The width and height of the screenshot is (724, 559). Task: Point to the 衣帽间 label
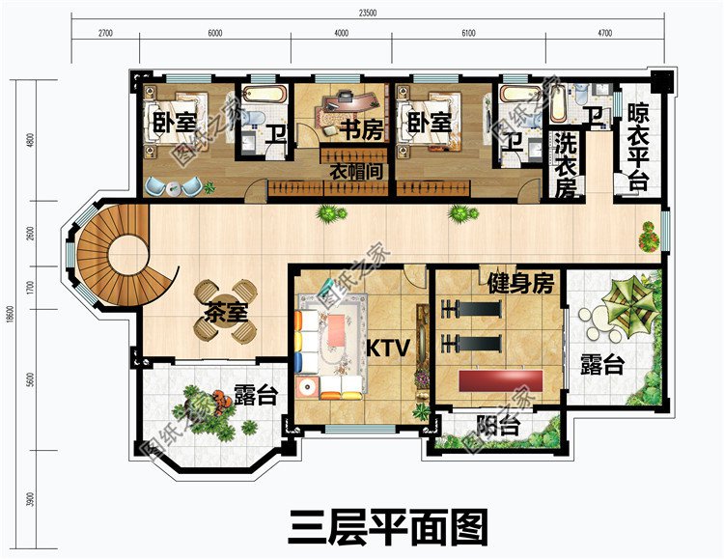357,171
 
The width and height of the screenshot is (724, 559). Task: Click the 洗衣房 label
566,164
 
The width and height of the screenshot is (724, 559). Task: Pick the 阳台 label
499,426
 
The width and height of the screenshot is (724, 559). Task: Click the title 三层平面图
389,528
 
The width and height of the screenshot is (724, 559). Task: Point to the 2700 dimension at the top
105,33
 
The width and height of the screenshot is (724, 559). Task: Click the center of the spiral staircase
125,257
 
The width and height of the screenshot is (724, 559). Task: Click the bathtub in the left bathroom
265,96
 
